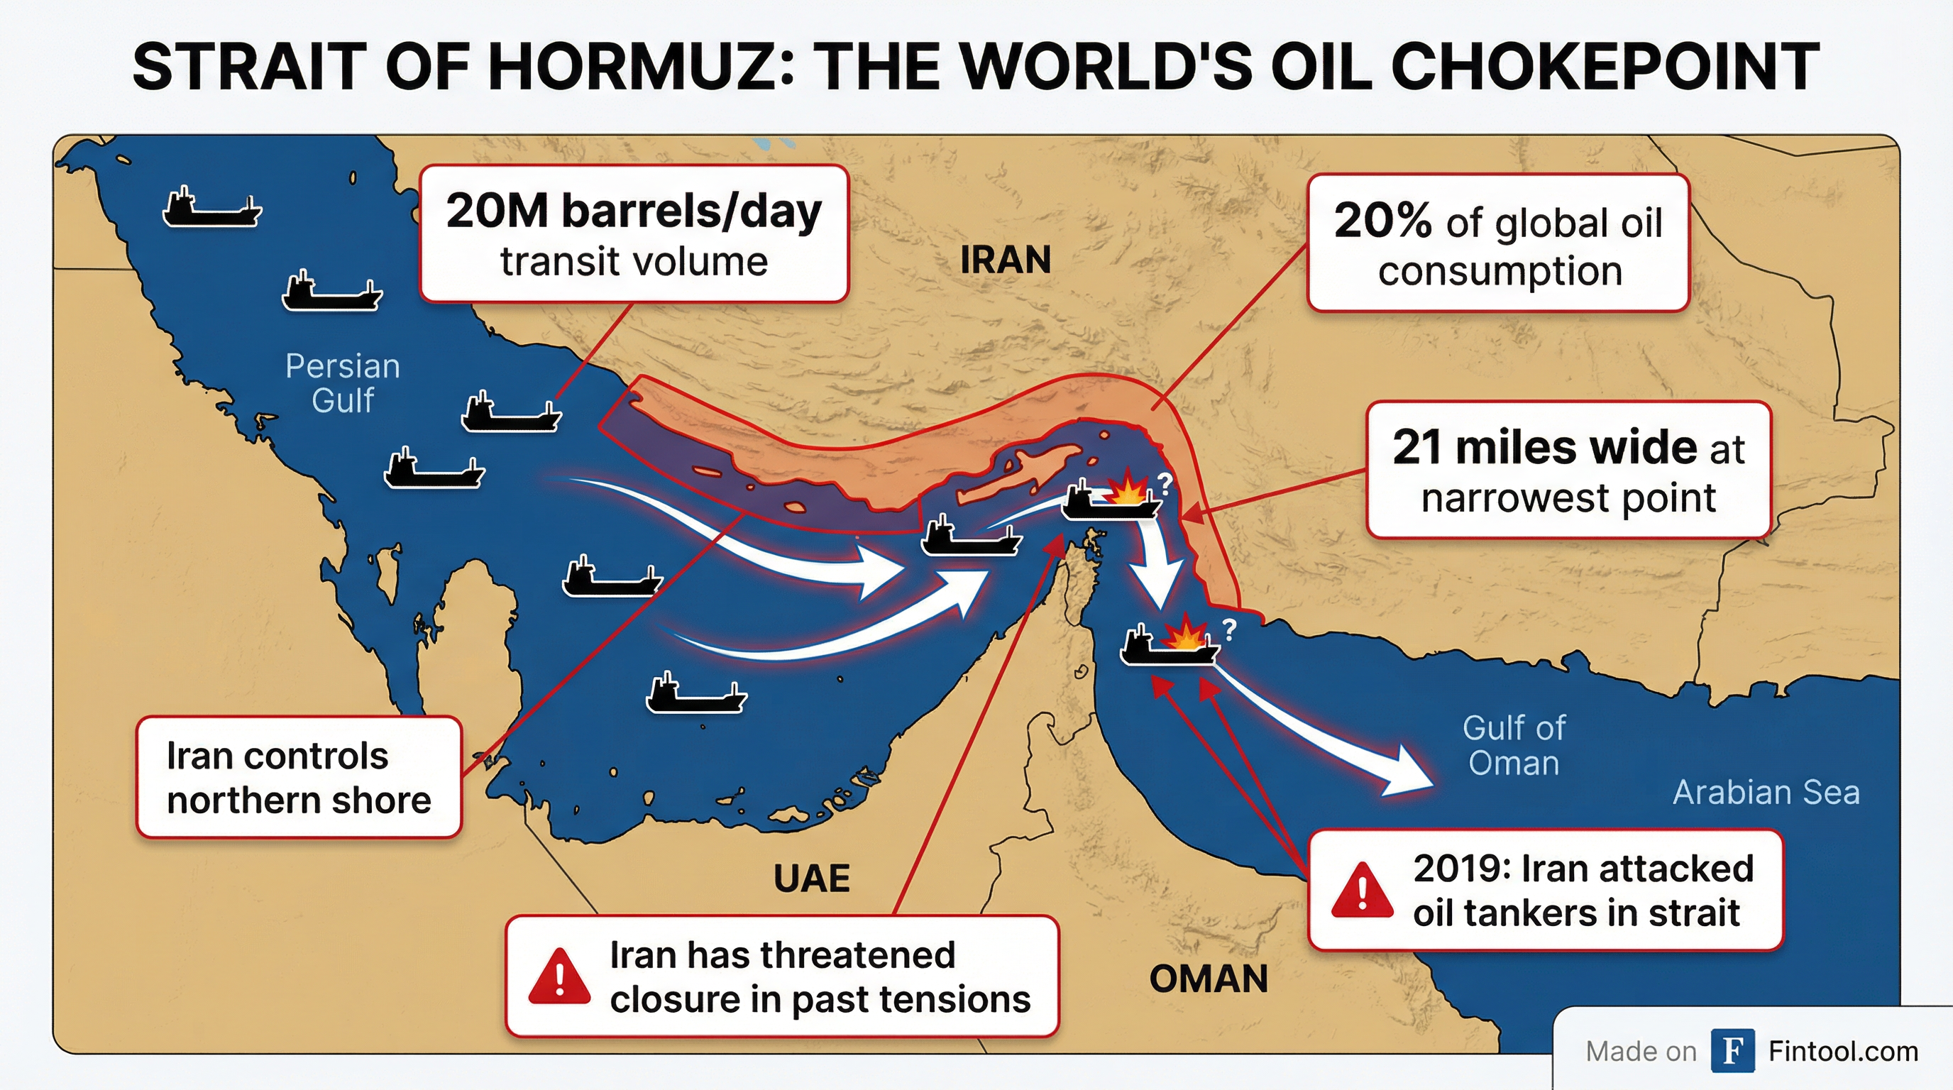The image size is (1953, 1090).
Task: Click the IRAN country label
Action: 1006,260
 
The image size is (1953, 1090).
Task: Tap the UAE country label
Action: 811,879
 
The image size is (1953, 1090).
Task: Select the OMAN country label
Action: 1209,979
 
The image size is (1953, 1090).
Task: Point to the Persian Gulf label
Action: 343,382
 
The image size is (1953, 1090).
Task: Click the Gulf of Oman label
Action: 1513,745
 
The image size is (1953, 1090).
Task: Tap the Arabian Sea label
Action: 1766,792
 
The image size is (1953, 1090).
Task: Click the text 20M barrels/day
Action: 633,211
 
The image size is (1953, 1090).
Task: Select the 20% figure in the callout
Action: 1382,221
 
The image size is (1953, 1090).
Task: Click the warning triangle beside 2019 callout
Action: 1362,891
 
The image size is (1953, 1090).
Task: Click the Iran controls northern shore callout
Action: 299,778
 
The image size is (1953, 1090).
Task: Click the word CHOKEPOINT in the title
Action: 1605,67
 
